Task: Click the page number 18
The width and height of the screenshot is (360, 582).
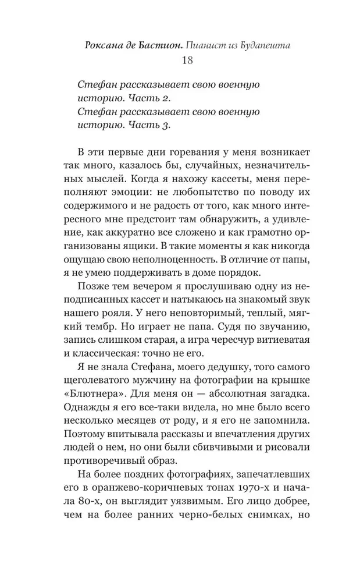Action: tap(180, 61)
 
